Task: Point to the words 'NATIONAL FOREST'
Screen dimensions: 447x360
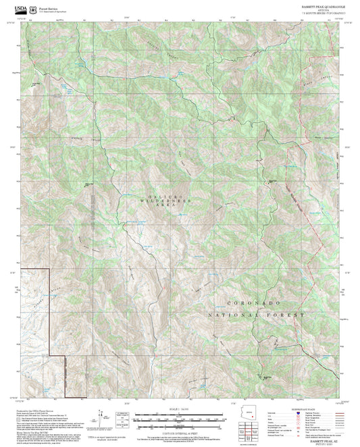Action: pyautogui.click(x=253, y=315)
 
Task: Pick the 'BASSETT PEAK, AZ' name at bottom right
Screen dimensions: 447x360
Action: pyautogui.click(x=330, y=440)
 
